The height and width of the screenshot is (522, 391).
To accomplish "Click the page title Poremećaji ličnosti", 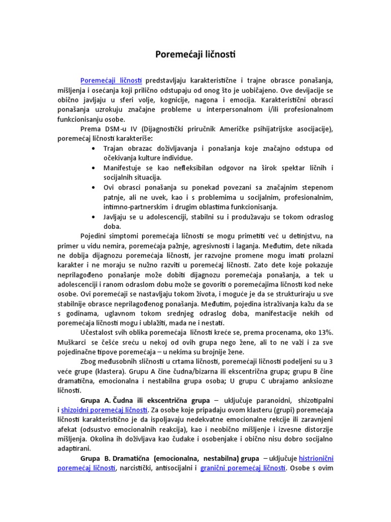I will tap(195, 54).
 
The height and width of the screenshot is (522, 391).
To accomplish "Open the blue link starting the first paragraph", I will tap(111, 81).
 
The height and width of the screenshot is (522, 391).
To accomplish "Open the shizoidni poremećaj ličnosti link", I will tap(104, 410).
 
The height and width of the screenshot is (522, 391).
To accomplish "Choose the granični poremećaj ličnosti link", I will tap(243, 468).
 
